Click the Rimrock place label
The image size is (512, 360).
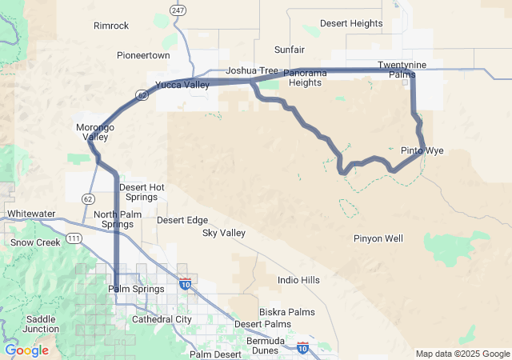110,26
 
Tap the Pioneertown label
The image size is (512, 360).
143,56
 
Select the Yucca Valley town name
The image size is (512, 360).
182,85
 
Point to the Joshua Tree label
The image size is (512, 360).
251,71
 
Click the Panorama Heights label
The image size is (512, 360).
306,78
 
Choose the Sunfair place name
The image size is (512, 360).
289,49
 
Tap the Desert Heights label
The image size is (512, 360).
351,24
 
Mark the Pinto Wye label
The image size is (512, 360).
422,150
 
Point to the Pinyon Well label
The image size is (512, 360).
378,238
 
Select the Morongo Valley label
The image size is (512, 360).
95,132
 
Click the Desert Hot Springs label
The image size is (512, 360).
142,192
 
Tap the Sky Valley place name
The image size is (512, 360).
223,233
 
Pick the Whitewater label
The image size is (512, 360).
31,214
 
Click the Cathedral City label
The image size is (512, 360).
162,319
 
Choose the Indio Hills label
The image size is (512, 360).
298,280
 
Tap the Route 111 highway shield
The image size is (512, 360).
74,238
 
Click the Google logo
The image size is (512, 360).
26,350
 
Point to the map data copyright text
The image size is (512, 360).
462,354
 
